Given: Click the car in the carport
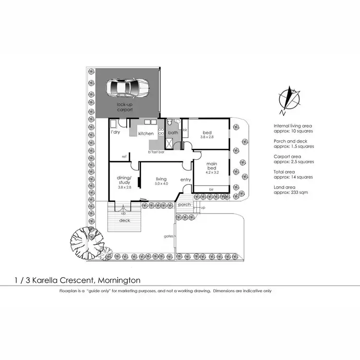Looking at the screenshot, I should pyautogui.click(x=127, y=88).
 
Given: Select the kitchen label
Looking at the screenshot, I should pyautogui.click(x=146, y=133).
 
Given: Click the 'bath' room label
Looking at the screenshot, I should pyautogui.click(x=173, y=133).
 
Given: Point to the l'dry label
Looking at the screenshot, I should pyautogui.click(x=115, y=132).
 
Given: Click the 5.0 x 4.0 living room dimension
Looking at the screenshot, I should pyautogui.click(x=161, y=184).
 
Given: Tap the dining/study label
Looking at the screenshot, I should pyautogui.click(x=124, y=180).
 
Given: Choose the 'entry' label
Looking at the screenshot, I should pyautogui.click(x=186, y=180).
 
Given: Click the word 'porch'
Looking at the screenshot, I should pyautogui.click(x=184, y=204).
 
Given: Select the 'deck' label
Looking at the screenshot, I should pyautogui.click(x=125, y=221).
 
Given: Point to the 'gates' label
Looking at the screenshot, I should pyautogui.click(x=168, y=236).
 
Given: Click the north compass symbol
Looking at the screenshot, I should pyautogui.click(x=289, y=99).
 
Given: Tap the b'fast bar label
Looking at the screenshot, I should pyautogui.click(x=156, y=152).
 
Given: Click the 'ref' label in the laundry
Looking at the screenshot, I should pyautogui.click(x=124, y=156).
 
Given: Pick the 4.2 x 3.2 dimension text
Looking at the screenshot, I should pyautogui.click(x=212, y=172).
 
